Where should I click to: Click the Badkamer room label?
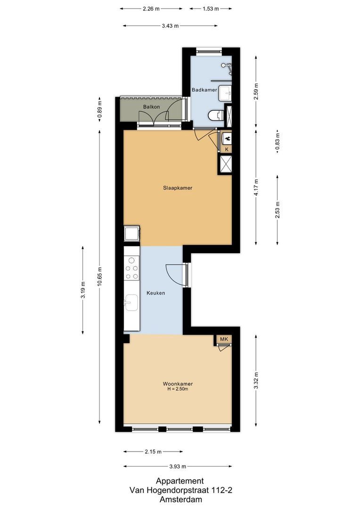point(204,90)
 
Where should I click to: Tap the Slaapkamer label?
point(178,188)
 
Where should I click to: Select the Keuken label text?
point(155,293)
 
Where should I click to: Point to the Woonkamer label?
point(178,384)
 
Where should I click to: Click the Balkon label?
point(151,107)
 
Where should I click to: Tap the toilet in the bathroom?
point(216,115)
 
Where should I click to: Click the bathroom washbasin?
point(225,93)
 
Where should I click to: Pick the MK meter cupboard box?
point(224,339)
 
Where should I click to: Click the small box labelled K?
point(227,149)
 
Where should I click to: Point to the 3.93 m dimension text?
point(177,467)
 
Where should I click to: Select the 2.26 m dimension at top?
point(151,8)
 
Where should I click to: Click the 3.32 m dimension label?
point(256,380)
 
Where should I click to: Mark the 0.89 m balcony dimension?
point(99,109)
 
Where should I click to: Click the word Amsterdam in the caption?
point(180,499)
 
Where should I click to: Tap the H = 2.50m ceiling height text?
point(178,389)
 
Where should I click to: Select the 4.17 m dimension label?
point(256,187)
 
